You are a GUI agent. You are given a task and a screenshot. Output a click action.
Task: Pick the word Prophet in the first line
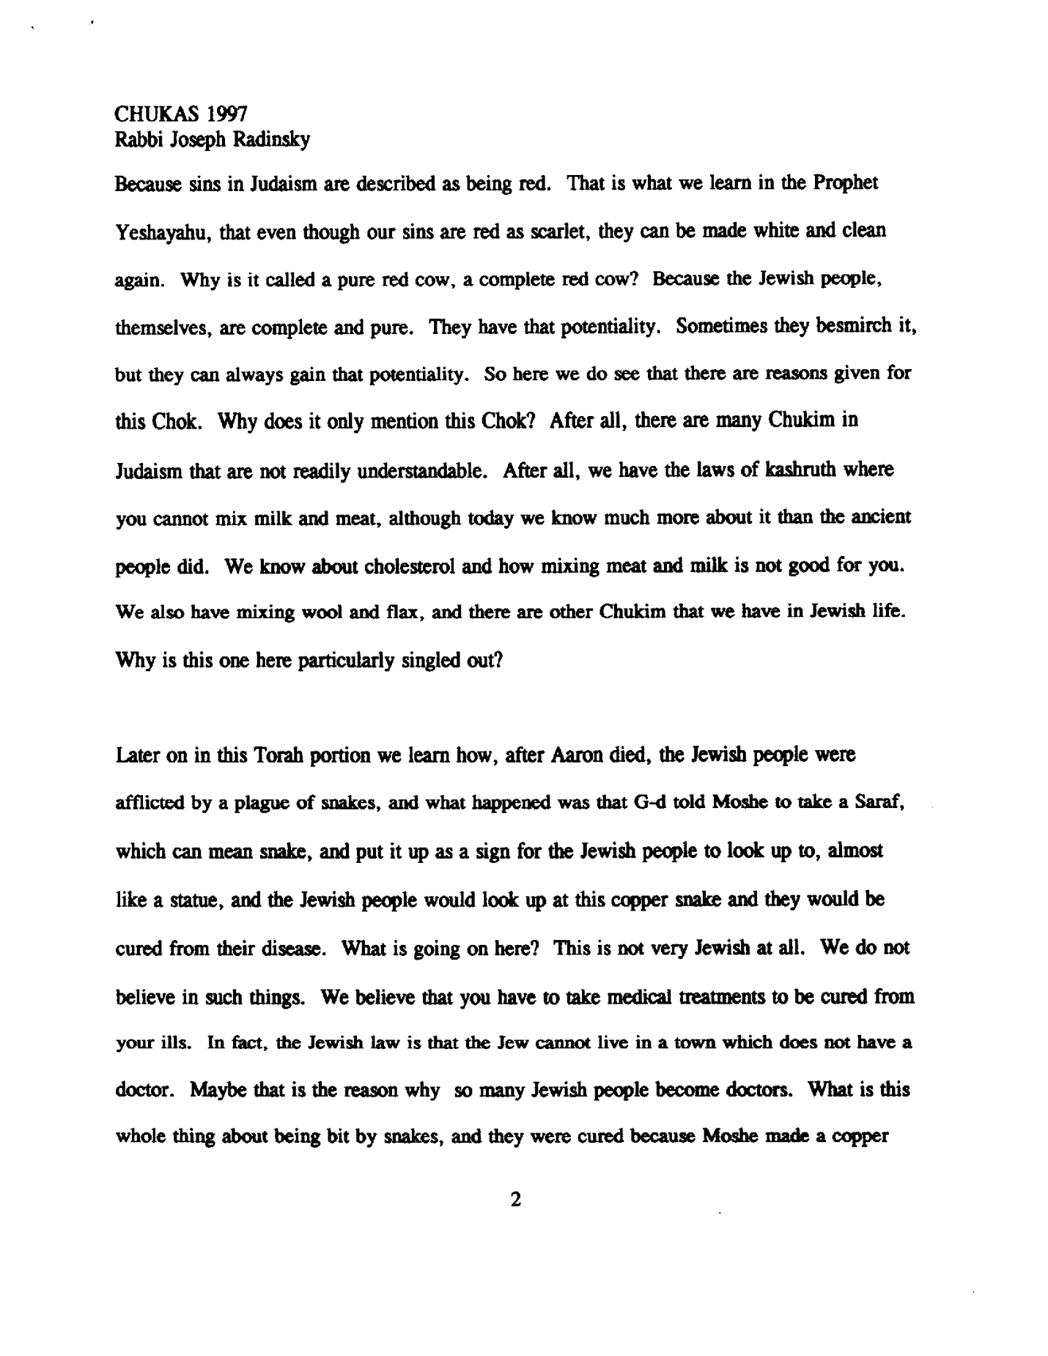pyautogui.click(x=845, y=184)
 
